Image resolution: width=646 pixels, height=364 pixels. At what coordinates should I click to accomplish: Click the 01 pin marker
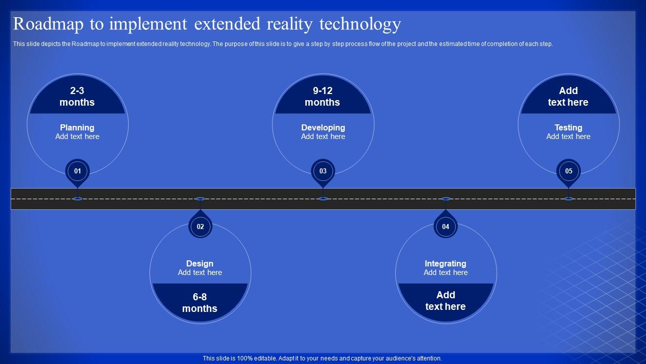coord(77,171)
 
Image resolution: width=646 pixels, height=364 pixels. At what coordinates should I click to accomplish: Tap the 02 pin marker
coord(200,226)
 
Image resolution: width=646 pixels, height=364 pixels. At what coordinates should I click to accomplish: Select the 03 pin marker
coord(323,171)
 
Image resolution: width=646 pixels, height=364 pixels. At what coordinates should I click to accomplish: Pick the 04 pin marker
coord(446,226)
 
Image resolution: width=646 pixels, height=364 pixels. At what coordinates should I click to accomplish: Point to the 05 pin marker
coord(568,171)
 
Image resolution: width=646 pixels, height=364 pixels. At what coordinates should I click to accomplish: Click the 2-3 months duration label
coord(77,97)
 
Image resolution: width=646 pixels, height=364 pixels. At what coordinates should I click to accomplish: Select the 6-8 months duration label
coord(200,303)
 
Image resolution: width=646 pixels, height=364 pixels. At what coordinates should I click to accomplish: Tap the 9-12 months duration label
coord(322,97)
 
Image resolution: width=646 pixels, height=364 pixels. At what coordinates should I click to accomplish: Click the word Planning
coord(77,128)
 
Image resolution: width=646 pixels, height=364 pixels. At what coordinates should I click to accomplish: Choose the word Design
coord(200,263)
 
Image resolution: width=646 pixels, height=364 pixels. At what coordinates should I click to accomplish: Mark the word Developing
coord(323,128)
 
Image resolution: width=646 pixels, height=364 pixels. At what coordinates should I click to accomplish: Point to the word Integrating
coord(446,263)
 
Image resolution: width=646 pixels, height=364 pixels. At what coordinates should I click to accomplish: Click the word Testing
coord(568,128)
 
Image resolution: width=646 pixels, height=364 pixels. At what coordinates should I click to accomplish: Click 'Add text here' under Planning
coord(77,136)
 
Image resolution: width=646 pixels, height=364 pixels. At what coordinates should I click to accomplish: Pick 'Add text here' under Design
coord(200,272)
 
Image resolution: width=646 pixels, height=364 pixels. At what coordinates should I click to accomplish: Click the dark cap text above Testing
coord(568,97)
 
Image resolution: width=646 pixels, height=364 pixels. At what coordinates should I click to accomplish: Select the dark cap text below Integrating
coord(446,301)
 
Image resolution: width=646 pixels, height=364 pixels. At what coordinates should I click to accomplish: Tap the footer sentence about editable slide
coord(322,358)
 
